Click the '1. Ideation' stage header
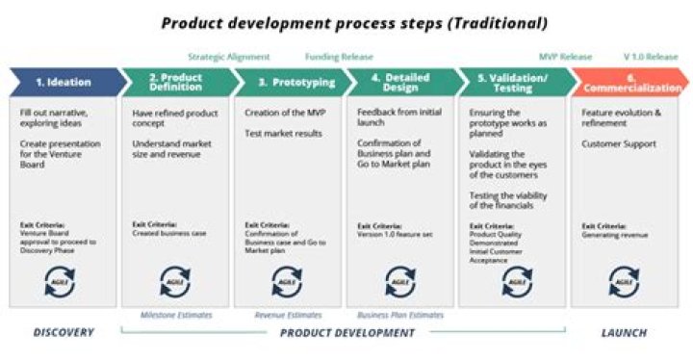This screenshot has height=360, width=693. pos(63,82)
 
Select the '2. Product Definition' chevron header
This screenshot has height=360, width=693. pos(176,82)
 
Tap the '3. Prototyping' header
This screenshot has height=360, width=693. pos(289,82)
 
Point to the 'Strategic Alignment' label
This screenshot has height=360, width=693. pos(229,57)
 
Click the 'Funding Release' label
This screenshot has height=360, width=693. pos(339,57)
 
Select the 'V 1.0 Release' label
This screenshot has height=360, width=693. pos(651,57)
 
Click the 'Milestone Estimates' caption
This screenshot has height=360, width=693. pos(176,315)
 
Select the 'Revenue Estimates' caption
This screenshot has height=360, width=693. pos(288,315)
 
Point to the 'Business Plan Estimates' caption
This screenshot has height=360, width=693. pos(399,315)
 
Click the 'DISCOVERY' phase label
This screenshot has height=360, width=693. pos(64,333)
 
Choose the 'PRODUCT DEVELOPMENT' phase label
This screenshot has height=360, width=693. pos(346,333)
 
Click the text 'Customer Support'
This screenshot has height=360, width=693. pos(618,143)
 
